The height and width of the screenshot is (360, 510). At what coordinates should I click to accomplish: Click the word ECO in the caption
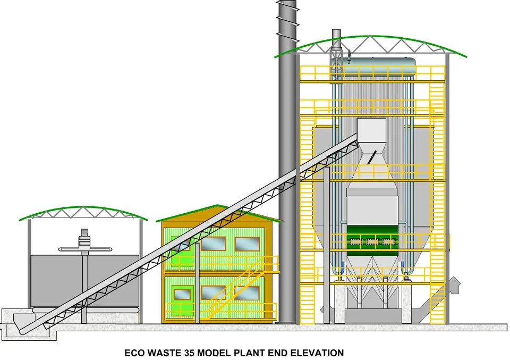pos(134,353)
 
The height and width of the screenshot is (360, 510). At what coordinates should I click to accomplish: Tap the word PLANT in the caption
pos(245,353)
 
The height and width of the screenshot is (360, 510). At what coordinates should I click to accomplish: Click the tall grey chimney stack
pos(287,160)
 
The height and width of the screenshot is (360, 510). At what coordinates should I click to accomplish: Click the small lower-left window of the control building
pos(182,294)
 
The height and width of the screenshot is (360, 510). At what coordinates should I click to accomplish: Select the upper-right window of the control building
pos(247,244)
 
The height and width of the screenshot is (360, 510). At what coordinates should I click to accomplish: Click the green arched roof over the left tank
pos(83,211)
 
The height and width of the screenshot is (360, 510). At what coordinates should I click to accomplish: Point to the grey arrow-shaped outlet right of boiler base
pos(454,284)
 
